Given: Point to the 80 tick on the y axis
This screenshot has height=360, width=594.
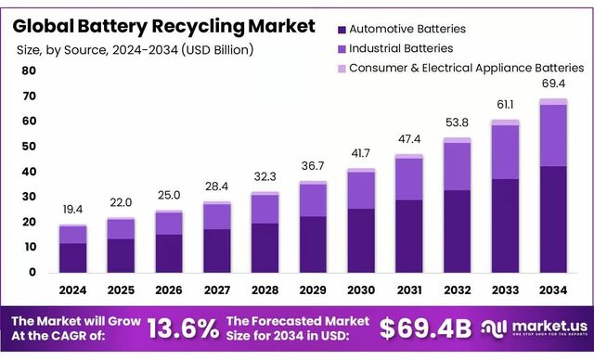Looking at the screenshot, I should tap(29, 71).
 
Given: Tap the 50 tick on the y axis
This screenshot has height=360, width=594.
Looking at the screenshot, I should tap(29, 147).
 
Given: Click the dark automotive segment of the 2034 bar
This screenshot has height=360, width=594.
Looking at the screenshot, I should tap(553, 219).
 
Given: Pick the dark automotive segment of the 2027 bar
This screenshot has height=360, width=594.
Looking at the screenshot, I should tap(217, 251).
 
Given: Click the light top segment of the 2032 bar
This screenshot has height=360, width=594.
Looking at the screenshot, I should tap(458, 140).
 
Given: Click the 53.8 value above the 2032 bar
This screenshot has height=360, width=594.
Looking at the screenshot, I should tap(458, 123).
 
